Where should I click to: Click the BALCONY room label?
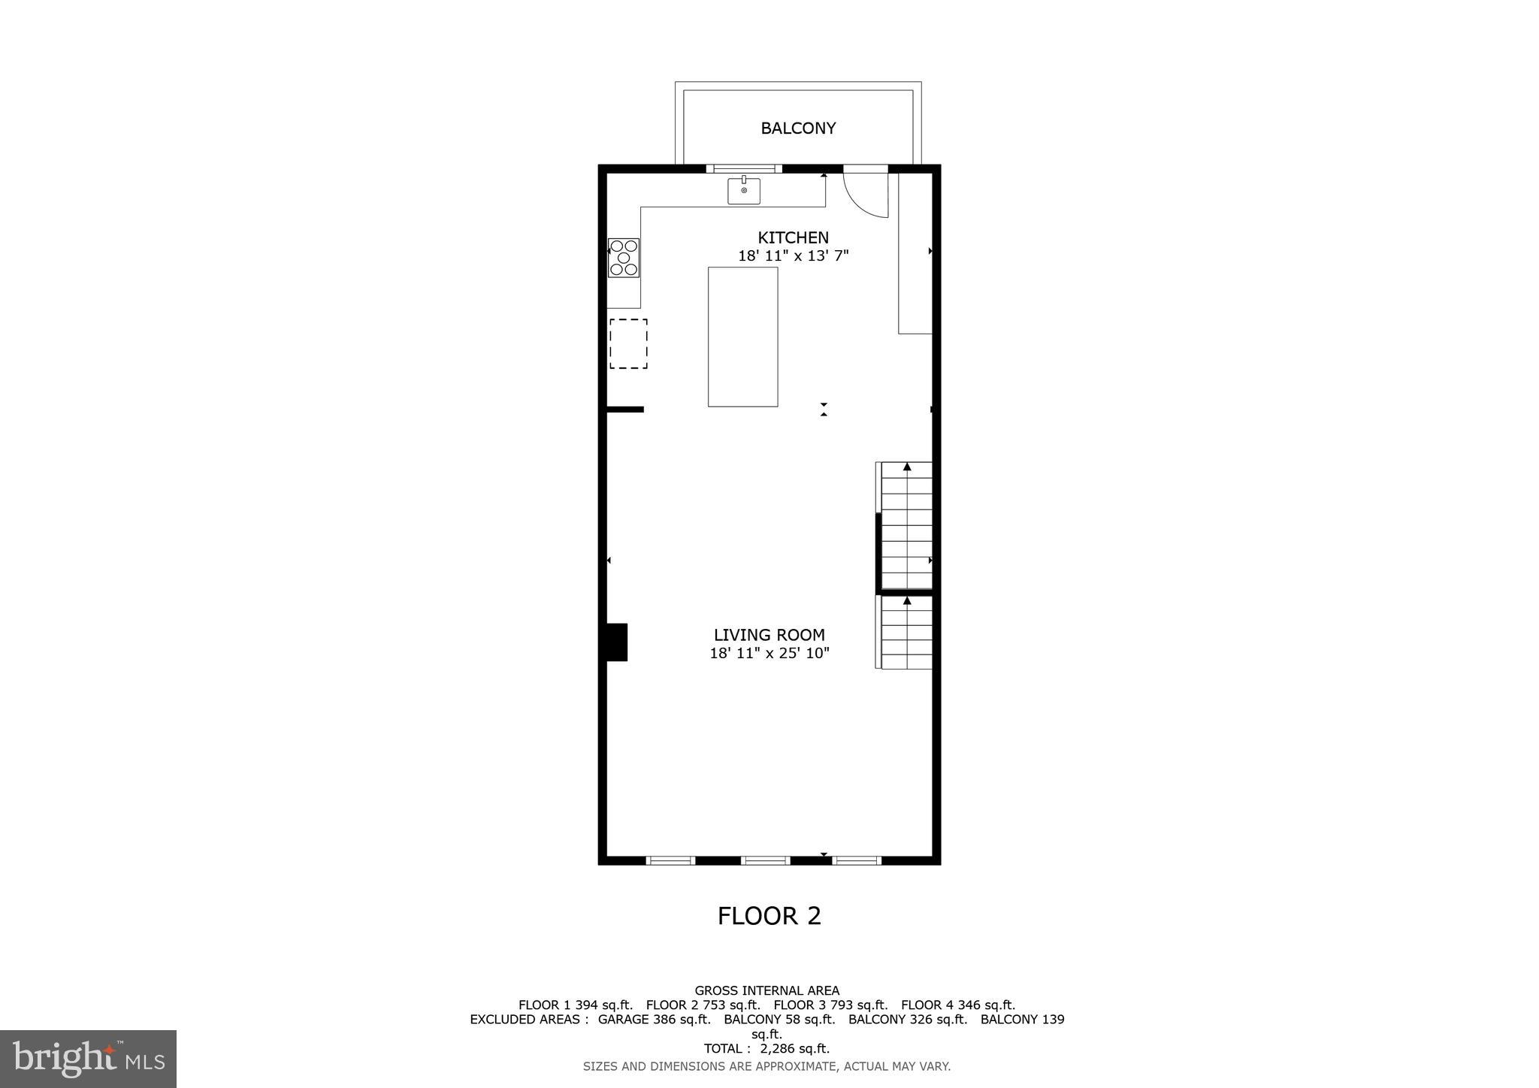click(798, 128)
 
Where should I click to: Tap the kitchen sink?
click(744, 191)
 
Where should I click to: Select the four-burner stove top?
click(624, 258)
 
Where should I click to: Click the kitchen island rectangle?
click(742, 337)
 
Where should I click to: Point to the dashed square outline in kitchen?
click(628, 343)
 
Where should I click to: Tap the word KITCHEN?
click(793, 238)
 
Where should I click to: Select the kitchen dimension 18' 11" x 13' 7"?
click(793, 256)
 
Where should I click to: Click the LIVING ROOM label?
click(769, 635)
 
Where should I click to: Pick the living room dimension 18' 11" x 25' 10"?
click(769, 653)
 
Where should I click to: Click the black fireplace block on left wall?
click(617, 642)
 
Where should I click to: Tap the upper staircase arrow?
click(907, 467)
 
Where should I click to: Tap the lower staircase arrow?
click(907, 600)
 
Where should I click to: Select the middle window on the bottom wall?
click(765, 860)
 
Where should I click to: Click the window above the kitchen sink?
click(744, 168)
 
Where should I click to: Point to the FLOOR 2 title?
click(769, 916)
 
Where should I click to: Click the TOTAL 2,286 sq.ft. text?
click(766, 1048)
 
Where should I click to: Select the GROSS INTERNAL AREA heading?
click(766, 990)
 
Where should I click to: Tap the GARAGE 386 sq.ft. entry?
click(654, 1020)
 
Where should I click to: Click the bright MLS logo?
click(88, 1059)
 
